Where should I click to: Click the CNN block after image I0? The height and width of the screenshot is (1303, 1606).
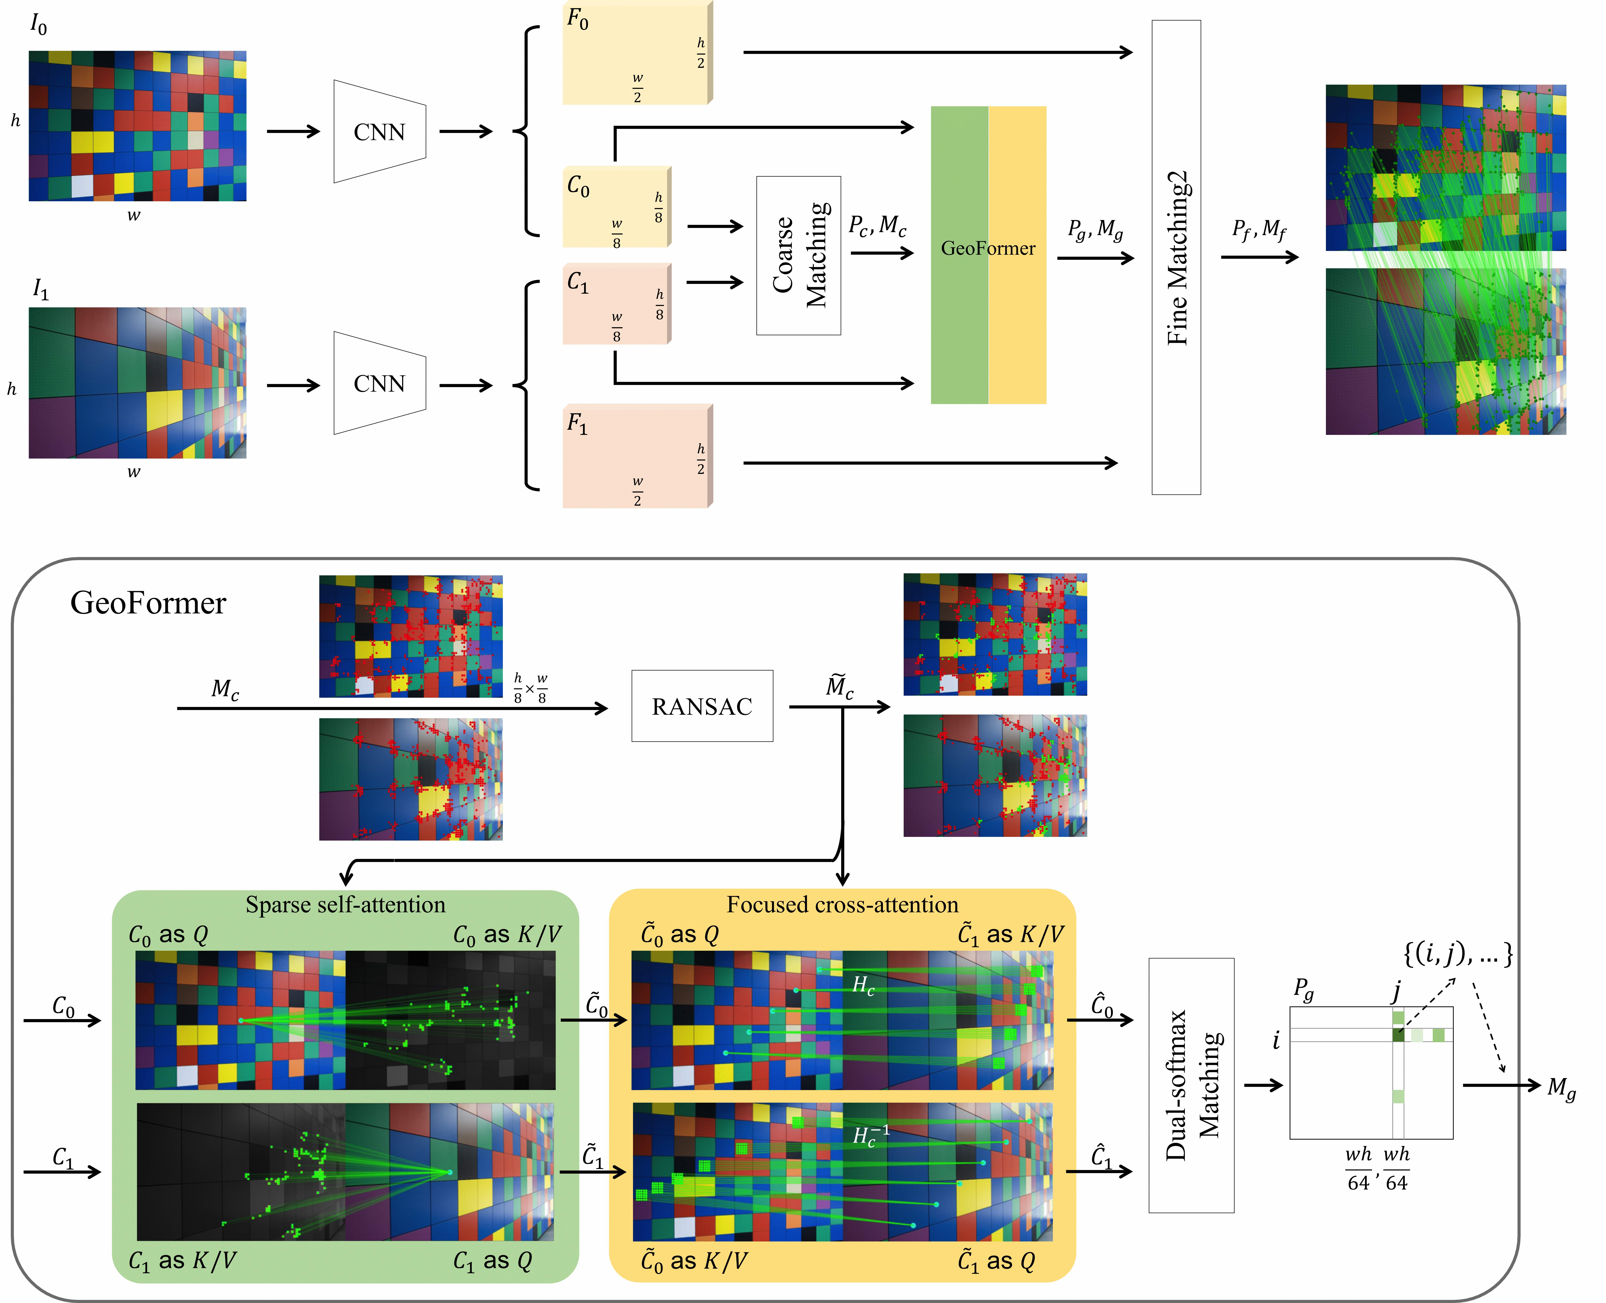pyautogui.click(x=379, y=131)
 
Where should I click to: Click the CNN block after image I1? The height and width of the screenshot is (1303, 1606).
pyautogui.click(x=379, y=384)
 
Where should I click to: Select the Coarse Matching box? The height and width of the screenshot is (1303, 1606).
pyautogui.click(x=798, y=255)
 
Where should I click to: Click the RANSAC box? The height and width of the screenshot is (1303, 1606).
pyautogui.click(x=702, y=706)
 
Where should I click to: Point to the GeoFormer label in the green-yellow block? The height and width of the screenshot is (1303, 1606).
pyautogui.click(x=988, y=248)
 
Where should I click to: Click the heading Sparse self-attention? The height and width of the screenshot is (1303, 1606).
pyautogui.click(x=345, y=905)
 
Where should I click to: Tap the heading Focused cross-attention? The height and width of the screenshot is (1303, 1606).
pyautogui.click(x=842, y=905)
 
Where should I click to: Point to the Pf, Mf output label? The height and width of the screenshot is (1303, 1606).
pyautogui.click(x=1259, y=229)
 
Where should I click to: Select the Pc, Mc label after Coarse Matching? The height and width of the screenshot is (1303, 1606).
pyautogui.click(x=877, y=225)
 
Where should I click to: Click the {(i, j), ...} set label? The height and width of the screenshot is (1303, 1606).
pyautogui.click(x=1458, y=953)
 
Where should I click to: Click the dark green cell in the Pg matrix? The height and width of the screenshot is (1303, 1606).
pyautogui.click(x=1398, y=1035)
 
